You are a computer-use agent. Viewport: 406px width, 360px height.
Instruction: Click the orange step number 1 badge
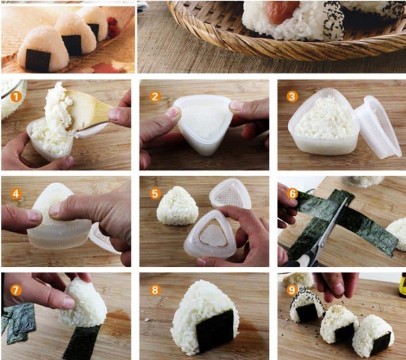16,96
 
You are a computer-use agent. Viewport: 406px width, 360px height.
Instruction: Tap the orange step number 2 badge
155,96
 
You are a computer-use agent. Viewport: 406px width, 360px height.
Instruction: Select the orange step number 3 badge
292,96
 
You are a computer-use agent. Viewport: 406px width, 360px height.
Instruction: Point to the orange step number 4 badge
16,193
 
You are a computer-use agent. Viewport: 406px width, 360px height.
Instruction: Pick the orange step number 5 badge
155,193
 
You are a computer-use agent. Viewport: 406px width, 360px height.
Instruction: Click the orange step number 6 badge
292,193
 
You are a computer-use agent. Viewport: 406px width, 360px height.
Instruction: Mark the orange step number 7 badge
16,290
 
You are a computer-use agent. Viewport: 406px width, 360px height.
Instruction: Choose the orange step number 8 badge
155,290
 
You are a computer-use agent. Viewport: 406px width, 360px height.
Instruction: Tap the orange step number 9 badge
292,290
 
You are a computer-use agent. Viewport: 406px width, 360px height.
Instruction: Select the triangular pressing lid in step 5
230,194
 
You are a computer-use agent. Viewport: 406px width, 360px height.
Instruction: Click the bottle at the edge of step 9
402,285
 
